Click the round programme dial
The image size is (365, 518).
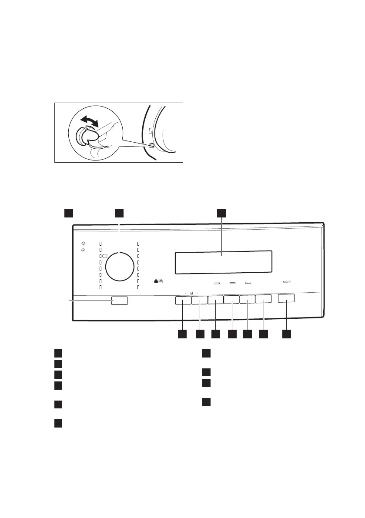(x=120, y=266)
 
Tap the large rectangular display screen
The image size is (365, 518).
(x=224, y=262)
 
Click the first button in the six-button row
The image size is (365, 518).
(x=184, y=300)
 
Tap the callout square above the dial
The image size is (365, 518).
(x=119, y=212)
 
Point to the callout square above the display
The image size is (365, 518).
(x=221, y=212)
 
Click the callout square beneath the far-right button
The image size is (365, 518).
(x=286, y=334)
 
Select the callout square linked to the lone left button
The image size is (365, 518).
(x=68, y=212)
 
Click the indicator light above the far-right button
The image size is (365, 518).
(x=286, y=282)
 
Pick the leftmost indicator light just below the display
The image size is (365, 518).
(x=217, y=283)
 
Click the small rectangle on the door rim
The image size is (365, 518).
(x=150, y=130)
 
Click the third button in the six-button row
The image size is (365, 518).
(x=216, y=300)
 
